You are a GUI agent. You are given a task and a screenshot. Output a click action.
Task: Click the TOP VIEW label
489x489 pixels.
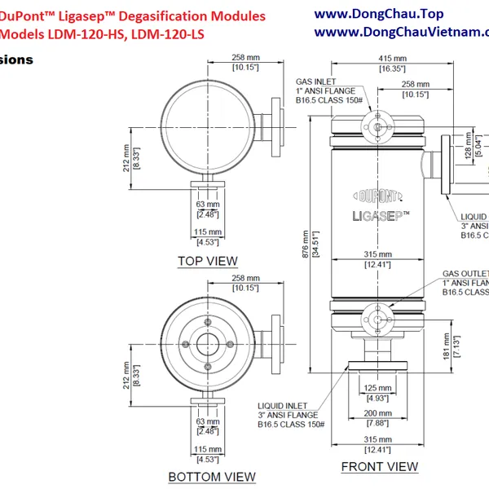(x=208, y=262)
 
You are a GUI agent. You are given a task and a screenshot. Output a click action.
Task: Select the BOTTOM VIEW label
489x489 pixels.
(x=211, y=477)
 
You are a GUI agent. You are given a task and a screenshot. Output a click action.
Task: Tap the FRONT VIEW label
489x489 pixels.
(x=379, y=467)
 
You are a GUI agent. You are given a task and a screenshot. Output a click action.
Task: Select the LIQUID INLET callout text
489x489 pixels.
(x=282, y=405)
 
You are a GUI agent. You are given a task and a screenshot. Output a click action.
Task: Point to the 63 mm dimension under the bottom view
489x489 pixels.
(x=207, y=422)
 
